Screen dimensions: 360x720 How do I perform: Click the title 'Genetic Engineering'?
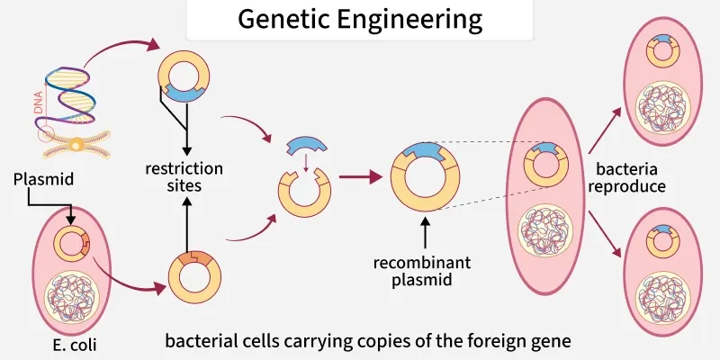click(x=360, y=19)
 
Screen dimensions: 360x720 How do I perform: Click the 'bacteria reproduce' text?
click(x=630, y=178)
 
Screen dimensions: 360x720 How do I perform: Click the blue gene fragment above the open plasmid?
click(x=306, y=148)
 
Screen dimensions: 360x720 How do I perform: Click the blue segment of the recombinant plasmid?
click(x=424, y=154)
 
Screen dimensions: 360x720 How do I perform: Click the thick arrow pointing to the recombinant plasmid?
click(x=360, y=177)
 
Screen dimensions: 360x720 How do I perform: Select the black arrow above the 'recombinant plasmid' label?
click(x=424, y=232)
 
